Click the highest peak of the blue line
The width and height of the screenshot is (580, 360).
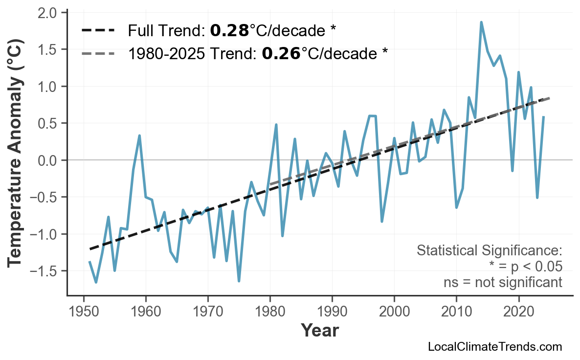[481, 22]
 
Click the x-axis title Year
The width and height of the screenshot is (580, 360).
[319, 331]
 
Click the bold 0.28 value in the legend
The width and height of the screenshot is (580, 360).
[229, 31]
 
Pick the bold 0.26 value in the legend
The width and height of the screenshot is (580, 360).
[281, 53]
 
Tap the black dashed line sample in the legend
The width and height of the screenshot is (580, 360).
[98, 31]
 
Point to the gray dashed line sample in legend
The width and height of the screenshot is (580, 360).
[98, 53]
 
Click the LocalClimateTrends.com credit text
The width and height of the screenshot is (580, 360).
[494, 347]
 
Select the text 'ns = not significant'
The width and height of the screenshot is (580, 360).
[502, 282]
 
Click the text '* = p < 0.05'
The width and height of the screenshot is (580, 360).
[525, 267]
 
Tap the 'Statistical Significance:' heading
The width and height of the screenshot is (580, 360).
[489, 250]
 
